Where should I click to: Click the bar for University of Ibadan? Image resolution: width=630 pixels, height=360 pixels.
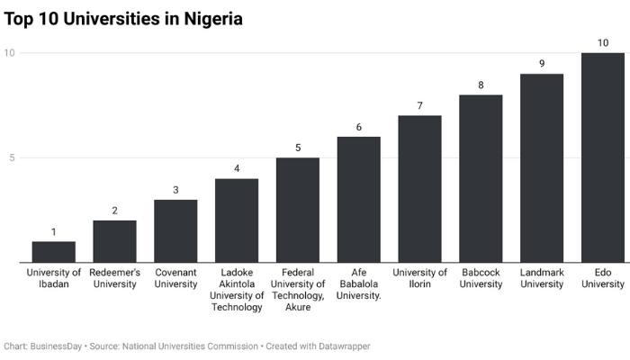(x=53, y=252)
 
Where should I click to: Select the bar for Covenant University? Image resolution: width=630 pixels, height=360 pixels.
(x=175, y=231)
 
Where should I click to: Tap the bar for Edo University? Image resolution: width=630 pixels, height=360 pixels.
(x=603, y=157)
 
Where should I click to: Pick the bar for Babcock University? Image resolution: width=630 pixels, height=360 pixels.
(x=481, y=178)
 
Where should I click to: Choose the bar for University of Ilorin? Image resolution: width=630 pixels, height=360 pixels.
(x=419, y=189)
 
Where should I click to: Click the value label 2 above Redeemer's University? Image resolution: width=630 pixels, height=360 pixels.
(x=114, y=211)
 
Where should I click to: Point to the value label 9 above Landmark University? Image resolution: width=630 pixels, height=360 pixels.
(x=542, y=64)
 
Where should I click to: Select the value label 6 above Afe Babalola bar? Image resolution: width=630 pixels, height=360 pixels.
(x=359, y=127)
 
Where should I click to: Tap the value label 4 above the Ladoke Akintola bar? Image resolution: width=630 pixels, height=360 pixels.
(x=237, y=168)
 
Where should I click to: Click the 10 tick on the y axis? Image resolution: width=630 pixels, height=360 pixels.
(x=10, y=53)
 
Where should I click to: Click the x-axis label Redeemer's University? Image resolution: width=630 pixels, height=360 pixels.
(x=114, y=278)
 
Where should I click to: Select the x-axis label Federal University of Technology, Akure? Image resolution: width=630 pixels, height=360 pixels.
(x=298, y=289)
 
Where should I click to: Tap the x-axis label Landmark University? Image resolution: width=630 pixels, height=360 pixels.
(x=542, y=278)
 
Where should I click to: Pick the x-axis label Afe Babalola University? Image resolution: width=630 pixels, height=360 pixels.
(x=359, y=283)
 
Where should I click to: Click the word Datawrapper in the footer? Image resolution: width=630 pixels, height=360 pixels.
(x=338, y=346)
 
